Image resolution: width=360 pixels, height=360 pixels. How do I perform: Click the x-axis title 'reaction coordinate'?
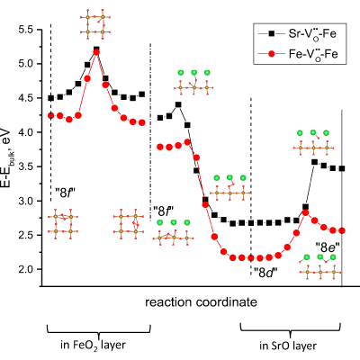(201, 302)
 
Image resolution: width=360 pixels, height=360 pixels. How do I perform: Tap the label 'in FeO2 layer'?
(93, 346)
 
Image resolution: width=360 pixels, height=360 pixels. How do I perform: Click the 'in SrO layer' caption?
(288, 346)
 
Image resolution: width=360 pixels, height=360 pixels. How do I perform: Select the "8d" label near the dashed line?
(265, 273)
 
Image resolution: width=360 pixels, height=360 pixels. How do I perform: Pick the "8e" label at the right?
(328, 247)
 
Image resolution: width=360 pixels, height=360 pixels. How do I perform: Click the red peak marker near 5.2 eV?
(96, 52)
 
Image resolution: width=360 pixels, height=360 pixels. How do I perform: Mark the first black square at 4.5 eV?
(51, 98)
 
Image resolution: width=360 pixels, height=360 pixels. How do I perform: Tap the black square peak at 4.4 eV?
(178, 104)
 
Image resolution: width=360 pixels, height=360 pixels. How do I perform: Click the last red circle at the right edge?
(342, 230)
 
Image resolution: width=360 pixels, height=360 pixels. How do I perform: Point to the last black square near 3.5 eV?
(342, 168)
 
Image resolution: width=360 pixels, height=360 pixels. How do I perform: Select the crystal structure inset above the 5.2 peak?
(95, 24)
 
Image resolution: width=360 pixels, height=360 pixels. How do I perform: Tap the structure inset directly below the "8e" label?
(320, 267)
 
